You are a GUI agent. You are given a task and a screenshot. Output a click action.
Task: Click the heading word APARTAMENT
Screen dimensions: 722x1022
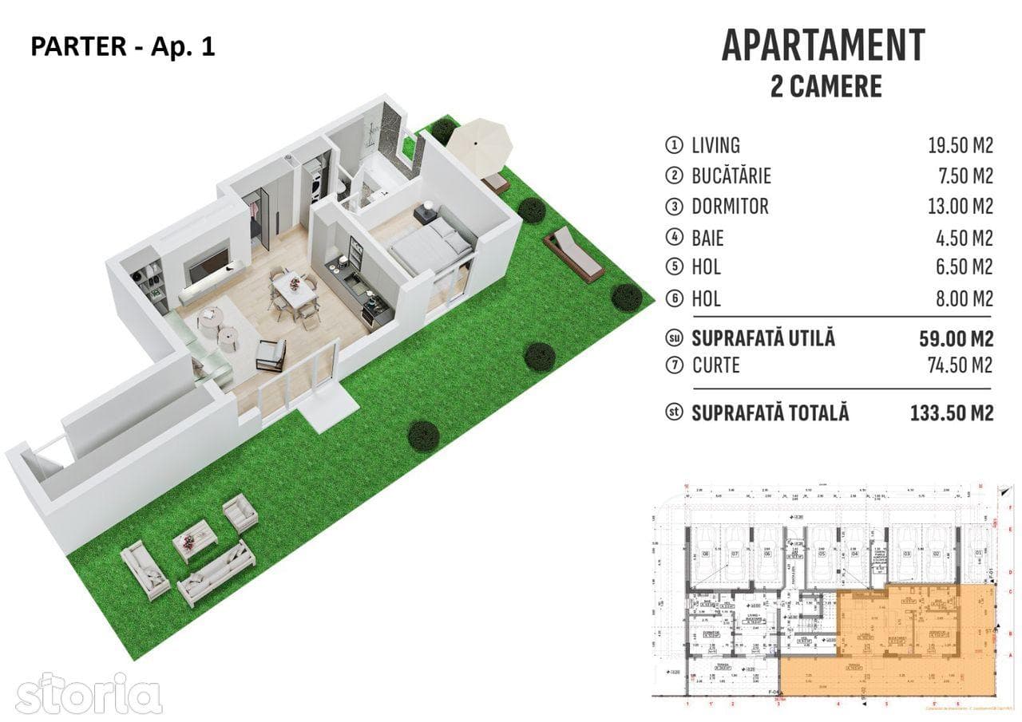click(x=823, y=45)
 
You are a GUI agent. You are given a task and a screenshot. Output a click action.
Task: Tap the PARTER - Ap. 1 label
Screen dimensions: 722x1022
click(x=122, y=47)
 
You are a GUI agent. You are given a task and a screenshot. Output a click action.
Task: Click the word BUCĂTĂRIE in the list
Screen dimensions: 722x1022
click(x=731, y=176)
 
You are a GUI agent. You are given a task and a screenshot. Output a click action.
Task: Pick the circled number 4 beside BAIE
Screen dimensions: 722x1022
click(x=675, y=238)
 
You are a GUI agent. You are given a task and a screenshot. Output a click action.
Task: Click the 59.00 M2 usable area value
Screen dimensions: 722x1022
click(x=956, y=338)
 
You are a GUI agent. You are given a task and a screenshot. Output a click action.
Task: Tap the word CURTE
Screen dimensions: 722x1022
click(x=715, y=365)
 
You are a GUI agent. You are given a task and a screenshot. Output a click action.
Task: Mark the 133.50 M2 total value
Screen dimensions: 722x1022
click(x=951, y=413)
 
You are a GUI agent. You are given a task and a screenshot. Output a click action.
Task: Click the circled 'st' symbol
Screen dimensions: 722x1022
click(x=675, y=413)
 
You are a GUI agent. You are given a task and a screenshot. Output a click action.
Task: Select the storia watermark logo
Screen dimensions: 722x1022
click(x=89, y=693)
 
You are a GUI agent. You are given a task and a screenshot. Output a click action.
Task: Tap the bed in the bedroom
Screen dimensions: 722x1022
click(x=430, y=242)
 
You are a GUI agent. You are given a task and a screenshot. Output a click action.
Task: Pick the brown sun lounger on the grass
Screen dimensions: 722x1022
click(x=573, y=253)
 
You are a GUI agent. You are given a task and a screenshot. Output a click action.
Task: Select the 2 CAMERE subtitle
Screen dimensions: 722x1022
click(x=826, y=86)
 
